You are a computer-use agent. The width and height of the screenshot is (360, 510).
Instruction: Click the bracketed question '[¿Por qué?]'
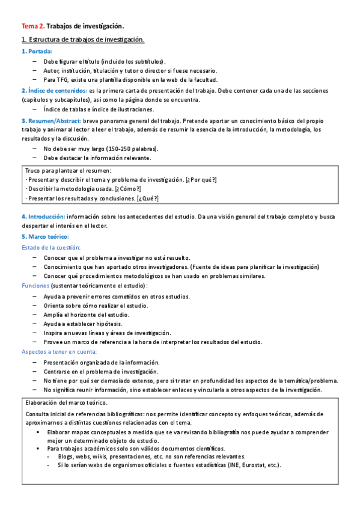pos(201,180)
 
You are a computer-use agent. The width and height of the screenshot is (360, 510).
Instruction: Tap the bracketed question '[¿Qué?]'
pos(148,198)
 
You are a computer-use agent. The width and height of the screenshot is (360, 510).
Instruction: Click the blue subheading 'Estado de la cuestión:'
pos(51,247)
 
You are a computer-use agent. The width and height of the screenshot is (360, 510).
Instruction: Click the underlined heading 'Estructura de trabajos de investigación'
pos(86,40)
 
